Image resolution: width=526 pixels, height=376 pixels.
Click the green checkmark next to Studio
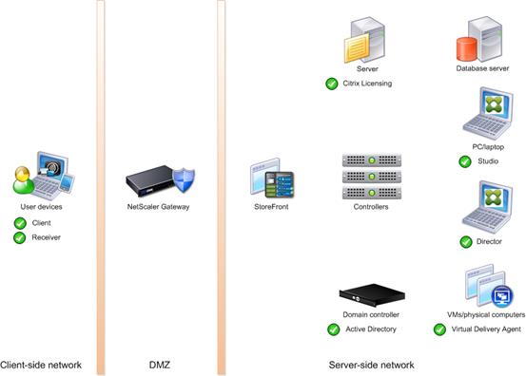coord(465,162)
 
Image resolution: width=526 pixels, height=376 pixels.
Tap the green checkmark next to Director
coord(465,242)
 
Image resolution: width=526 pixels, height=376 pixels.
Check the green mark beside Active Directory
coord(333,329)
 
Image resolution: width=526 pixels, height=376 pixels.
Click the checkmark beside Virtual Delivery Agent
coord(439,329)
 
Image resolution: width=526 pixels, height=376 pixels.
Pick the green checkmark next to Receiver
coord(20,237)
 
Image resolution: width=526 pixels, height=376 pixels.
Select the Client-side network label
coord(41,365)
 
